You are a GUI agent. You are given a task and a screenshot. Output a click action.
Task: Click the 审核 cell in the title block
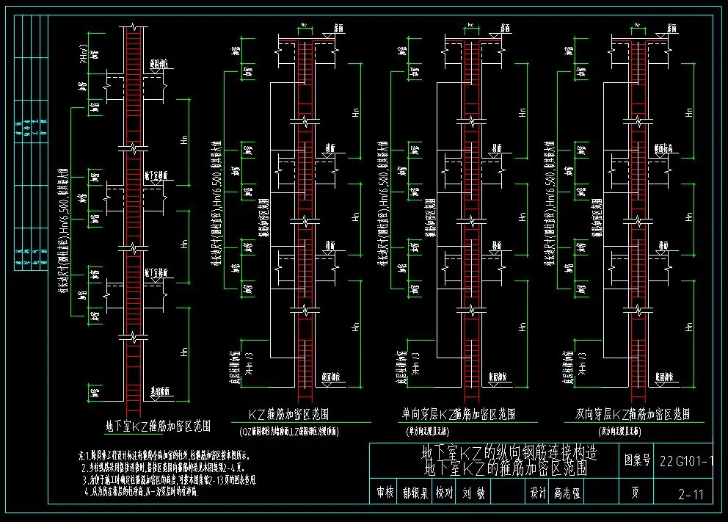click(385, 494)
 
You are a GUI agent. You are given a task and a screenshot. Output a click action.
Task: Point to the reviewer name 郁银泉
click(415, 494)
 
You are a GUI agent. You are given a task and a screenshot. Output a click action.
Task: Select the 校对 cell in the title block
click(445, 494)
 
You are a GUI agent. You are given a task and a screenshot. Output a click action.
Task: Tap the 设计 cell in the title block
click(537, 494)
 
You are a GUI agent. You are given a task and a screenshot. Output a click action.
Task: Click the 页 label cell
click(638, 494)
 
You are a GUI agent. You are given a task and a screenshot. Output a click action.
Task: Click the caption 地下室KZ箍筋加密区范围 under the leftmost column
click(159, 425)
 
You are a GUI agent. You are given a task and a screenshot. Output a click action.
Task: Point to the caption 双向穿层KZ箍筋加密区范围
click(633, 415)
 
